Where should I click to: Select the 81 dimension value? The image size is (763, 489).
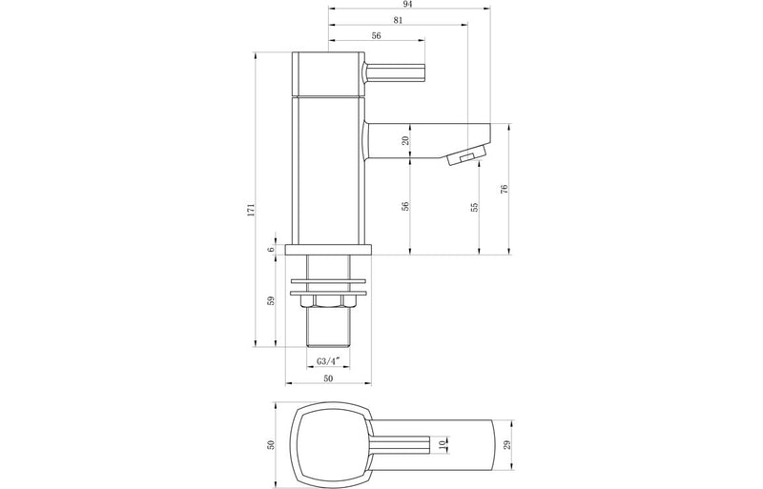point(395,21)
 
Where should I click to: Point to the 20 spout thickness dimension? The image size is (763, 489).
point(405,140)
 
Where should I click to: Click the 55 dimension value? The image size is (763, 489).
point(474,206)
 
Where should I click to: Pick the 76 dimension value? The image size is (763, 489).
point(504,189)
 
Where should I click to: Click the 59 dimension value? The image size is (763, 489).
point(271,301)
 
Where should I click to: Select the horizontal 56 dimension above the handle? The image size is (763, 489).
point(376,35)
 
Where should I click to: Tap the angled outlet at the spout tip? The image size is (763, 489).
point(463,157)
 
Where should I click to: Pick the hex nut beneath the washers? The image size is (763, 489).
point(328,302)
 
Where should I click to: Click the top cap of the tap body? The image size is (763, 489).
point(328,73)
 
